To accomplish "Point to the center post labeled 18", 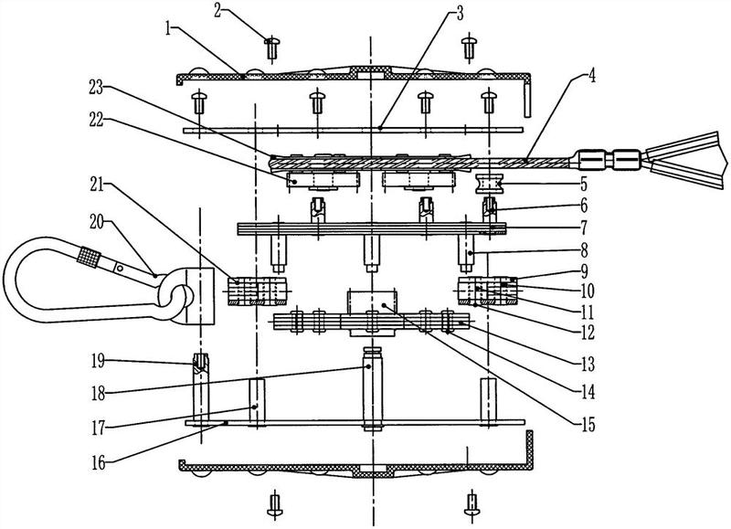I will [x=370, y=393].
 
